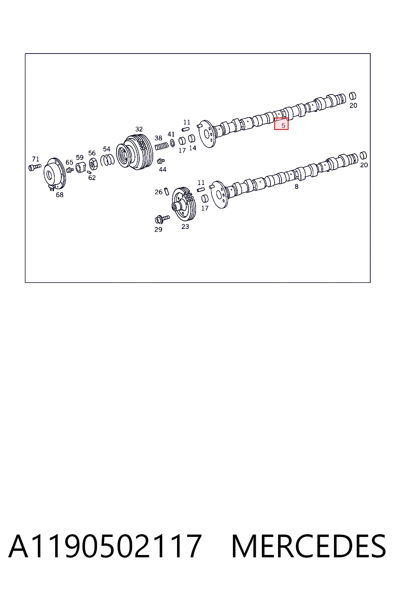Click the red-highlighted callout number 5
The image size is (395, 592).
pos(283,126)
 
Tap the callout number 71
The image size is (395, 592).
pos(35,159)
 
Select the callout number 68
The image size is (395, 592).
pos(59,195)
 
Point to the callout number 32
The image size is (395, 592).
pos(139,129)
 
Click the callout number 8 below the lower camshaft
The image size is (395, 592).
pos(296,187)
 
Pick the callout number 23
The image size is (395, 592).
pos(185,227)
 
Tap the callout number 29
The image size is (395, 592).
pos(158,229)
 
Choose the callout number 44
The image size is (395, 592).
pos(162,170)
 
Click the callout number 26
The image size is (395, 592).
pos(159,192)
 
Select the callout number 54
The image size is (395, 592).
pos(106,149)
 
